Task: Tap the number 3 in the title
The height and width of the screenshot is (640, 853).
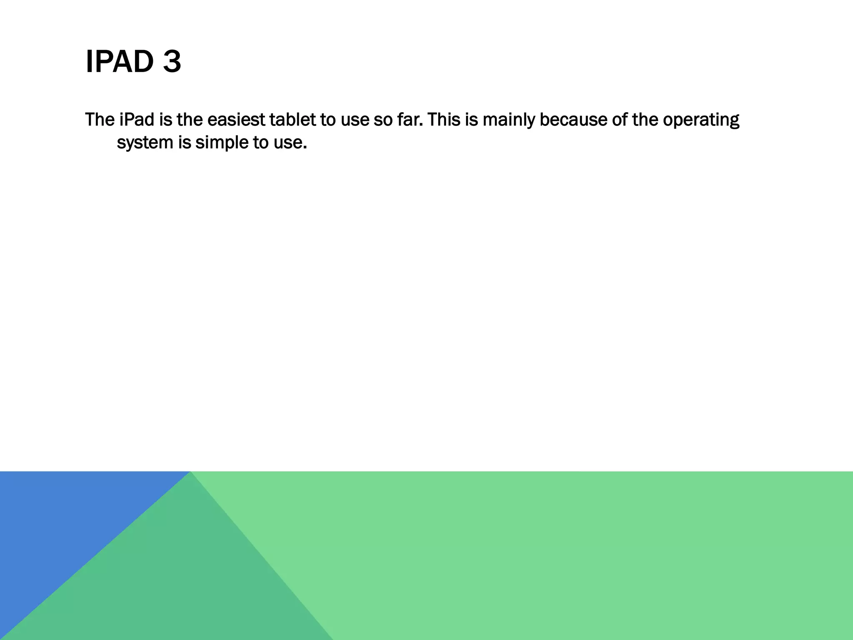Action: pyautogui.click(x=172, y=62)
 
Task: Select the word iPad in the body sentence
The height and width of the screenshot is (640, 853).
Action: pyautogui.click(x=137, y=120)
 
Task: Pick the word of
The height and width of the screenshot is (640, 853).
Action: pyautogui.click(x=619, y=120)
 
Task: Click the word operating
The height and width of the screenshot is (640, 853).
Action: pyautogui.click(x=701, y=120)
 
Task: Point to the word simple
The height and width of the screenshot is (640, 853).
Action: pyautogui.click(x=222, y=143)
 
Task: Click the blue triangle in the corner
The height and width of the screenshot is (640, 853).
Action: pyautogui.click(x=62, y=521)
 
